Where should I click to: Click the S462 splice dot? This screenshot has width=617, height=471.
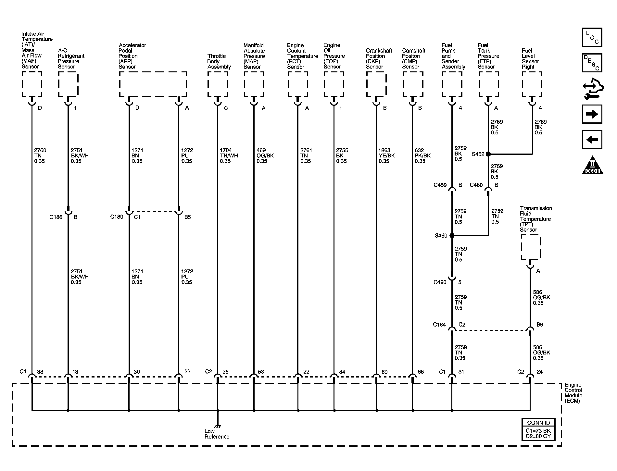coord(488,154)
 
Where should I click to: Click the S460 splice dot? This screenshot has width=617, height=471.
coord(452,236)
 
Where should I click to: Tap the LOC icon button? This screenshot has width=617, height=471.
coord(592,37)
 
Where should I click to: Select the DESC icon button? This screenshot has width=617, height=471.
coord(592,63)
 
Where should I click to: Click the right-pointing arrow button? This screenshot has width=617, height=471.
coord(592,114)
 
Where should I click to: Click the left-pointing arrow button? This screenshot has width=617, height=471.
coord(592,140)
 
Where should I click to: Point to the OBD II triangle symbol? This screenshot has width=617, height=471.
coord(593,165)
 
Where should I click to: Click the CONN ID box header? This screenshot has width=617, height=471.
coord(538,423)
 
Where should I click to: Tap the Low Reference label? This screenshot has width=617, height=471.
coord(217,434)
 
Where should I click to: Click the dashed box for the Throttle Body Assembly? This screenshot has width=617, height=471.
coord(218,84)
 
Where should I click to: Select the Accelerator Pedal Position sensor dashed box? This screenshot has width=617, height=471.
coord(153,84)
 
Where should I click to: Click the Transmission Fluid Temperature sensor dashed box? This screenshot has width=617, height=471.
coord(531,247)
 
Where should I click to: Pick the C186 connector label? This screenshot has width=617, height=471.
coord(56,217)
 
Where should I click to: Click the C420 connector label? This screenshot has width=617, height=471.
coord(440,282)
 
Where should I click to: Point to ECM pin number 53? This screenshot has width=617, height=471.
coord(261,372)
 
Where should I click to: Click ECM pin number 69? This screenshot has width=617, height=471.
coord(384,372)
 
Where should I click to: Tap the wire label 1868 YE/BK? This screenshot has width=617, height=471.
coord(386,156)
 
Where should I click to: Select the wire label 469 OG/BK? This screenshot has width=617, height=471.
coord(265,156)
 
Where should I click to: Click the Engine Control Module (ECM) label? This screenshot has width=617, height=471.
coord(573,393)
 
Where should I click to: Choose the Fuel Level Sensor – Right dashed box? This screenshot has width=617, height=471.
coord(532,84)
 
